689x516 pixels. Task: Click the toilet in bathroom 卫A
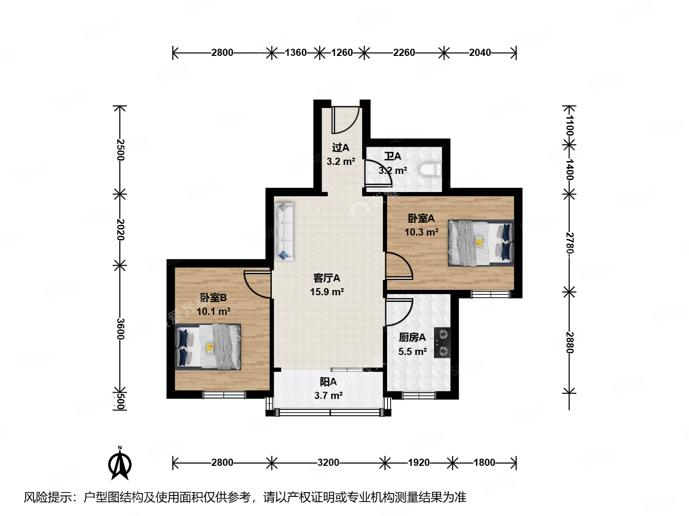click(x=429, y=169)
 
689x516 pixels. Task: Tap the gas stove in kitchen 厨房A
click(x=442, y=343)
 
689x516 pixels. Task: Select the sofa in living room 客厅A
click(x=284, y=231)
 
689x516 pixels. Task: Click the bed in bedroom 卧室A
click(x=480, y=243)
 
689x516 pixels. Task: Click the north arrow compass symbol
click(x=120, y=463)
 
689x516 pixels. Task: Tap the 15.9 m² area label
click(x=327, y=292)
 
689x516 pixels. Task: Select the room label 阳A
click(x=328, y=382)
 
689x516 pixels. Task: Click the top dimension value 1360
click(x=295, y=53)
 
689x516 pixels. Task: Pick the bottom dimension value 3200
click(x=328, y=462)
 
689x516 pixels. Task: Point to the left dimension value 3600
click(x=120, y=329)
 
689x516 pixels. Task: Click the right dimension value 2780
click(x=569, y=243)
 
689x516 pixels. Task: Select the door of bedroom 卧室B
click(x=257, y=284)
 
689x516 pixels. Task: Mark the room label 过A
click(x=341, y=148)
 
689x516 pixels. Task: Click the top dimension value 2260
click(x=404, y=53)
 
